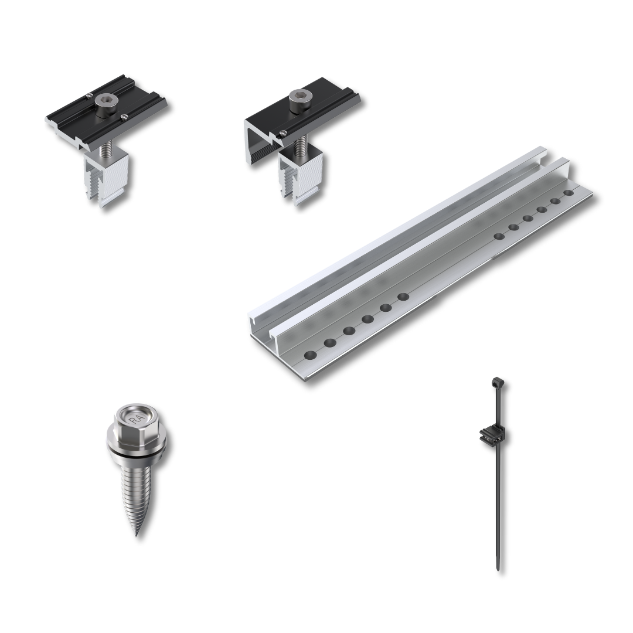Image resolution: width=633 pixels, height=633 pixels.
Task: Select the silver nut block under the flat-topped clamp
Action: [107, 179]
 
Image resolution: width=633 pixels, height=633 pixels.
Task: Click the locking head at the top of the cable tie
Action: [498, 381]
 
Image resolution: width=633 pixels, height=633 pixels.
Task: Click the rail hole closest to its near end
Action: [311, 355]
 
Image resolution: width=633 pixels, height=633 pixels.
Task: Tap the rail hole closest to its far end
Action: [569, 193]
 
